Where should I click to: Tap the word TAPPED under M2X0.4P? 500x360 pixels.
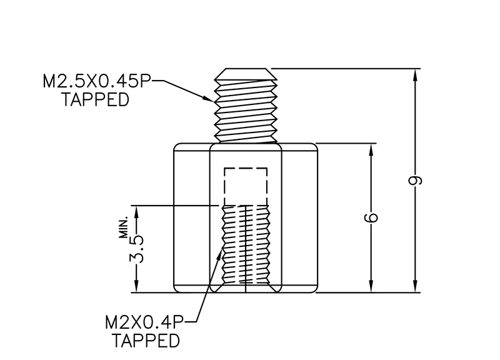(x=146, y=341)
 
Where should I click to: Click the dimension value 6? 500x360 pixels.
(x=372, y=218)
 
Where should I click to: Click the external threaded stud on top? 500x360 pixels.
(x=246, y=106)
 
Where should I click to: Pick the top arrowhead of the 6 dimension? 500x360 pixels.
(x=372, y=149)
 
